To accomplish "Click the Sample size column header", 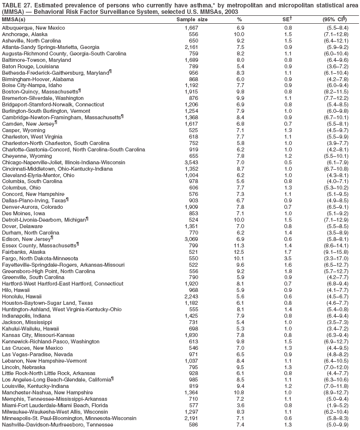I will pyautogui.click(x=192, y=19).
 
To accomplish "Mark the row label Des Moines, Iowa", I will pyautogui.click(x=24, y=213).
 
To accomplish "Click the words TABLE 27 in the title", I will pyautogui.click(x=17, y=4).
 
